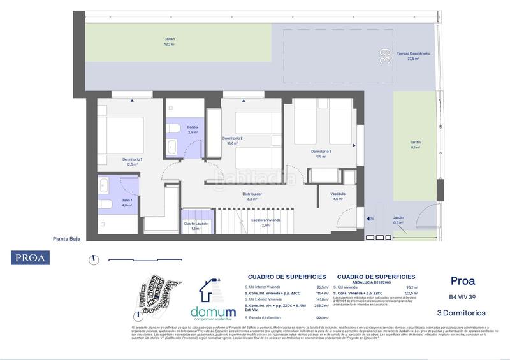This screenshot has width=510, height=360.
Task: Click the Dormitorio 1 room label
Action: point(133,161)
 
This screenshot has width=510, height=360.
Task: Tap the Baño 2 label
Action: point(193,130)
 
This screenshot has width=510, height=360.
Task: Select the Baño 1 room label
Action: point(126,203)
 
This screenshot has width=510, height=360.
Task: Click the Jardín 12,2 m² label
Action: point(169,41)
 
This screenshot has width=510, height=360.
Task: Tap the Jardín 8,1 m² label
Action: point(416,145)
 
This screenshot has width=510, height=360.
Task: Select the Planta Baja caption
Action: point(66,241)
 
